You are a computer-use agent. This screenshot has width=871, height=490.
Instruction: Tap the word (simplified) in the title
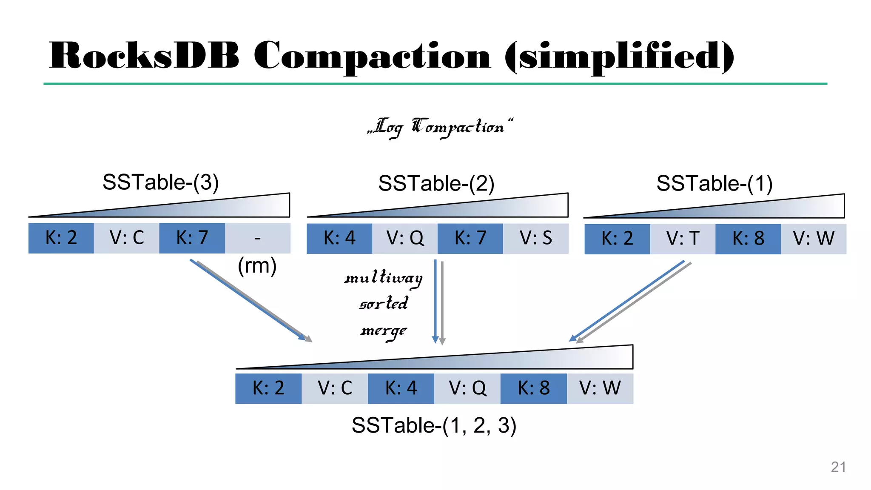click(619, 57)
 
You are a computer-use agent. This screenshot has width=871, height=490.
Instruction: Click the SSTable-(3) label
click(160, 182)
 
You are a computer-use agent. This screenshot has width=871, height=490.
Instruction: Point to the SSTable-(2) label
click(436, 184)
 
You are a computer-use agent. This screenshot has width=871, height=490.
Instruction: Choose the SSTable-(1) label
click(714, 184)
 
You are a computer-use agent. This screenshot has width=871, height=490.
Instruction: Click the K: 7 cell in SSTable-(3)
click(192, 238)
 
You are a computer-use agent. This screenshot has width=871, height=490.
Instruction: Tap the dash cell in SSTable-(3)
click(257, 238)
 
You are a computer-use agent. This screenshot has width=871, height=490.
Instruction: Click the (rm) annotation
click(257, 266)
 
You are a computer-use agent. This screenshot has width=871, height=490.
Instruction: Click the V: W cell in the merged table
click(600, 388)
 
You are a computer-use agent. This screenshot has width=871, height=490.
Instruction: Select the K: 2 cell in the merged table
click(268, 388)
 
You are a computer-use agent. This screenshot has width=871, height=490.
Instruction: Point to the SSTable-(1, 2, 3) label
click(434, 425)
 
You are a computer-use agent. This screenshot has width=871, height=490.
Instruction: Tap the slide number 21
click(838, 467)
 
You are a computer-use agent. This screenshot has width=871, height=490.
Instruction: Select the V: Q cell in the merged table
click(467, 388)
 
